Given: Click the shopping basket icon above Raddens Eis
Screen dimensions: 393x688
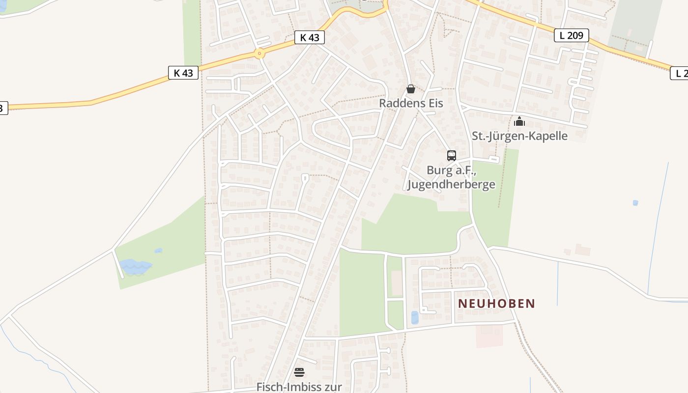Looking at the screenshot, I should click(x=411, y=89).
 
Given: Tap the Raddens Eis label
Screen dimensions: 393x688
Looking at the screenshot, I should click(x=411, y=103).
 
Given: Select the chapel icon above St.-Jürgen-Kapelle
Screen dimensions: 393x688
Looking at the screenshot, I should click(x=519, y=121).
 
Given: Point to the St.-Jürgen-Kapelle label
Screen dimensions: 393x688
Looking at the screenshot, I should click(x=519, y=136).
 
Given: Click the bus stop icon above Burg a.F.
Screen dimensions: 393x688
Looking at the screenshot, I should click(x=452, y=156).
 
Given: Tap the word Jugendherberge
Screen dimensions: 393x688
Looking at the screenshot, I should click(x=451, y=185).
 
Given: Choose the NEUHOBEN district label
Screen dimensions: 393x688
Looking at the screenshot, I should click(x=496, y=304).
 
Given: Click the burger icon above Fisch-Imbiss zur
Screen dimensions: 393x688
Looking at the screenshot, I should click(x=299, y=372).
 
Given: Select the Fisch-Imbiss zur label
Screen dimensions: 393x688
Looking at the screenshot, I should click(x=299, y=387).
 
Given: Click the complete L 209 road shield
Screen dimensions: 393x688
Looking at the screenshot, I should click(x=572, y=35).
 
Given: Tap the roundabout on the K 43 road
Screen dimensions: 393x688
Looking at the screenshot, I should click(x=259, y=54).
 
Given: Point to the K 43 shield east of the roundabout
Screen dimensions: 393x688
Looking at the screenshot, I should click(x=310, y=37).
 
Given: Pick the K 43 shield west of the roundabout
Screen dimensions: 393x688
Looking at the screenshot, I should click(x=183, y=73).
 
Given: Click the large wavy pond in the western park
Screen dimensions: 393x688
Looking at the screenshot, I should click(x=135, y=266).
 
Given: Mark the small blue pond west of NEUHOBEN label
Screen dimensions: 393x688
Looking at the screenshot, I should click(x=415, y=317).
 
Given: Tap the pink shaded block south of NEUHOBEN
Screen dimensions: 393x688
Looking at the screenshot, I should click(x=489, y=336).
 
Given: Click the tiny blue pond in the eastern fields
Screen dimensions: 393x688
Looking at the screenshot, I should click(x=635, y=202).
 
